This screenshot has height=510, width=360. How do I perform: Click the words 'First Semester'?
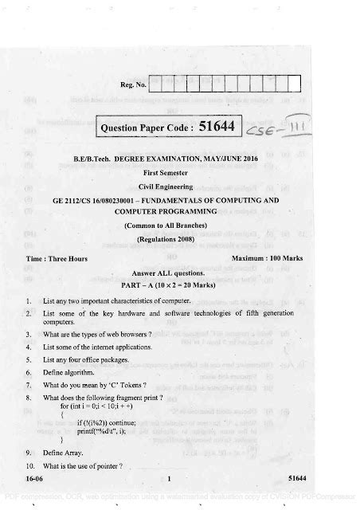(183, 170)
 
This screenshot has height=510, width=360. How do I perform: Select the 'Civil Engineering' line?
(183, 185)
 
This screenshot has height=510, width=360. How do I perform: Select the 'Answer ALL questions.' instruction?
(182, 272)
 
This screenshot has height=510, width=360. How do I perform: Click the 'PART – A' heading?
(182, 284)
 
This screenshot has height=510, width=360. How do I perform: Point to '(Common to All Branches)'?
(182, 226)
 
